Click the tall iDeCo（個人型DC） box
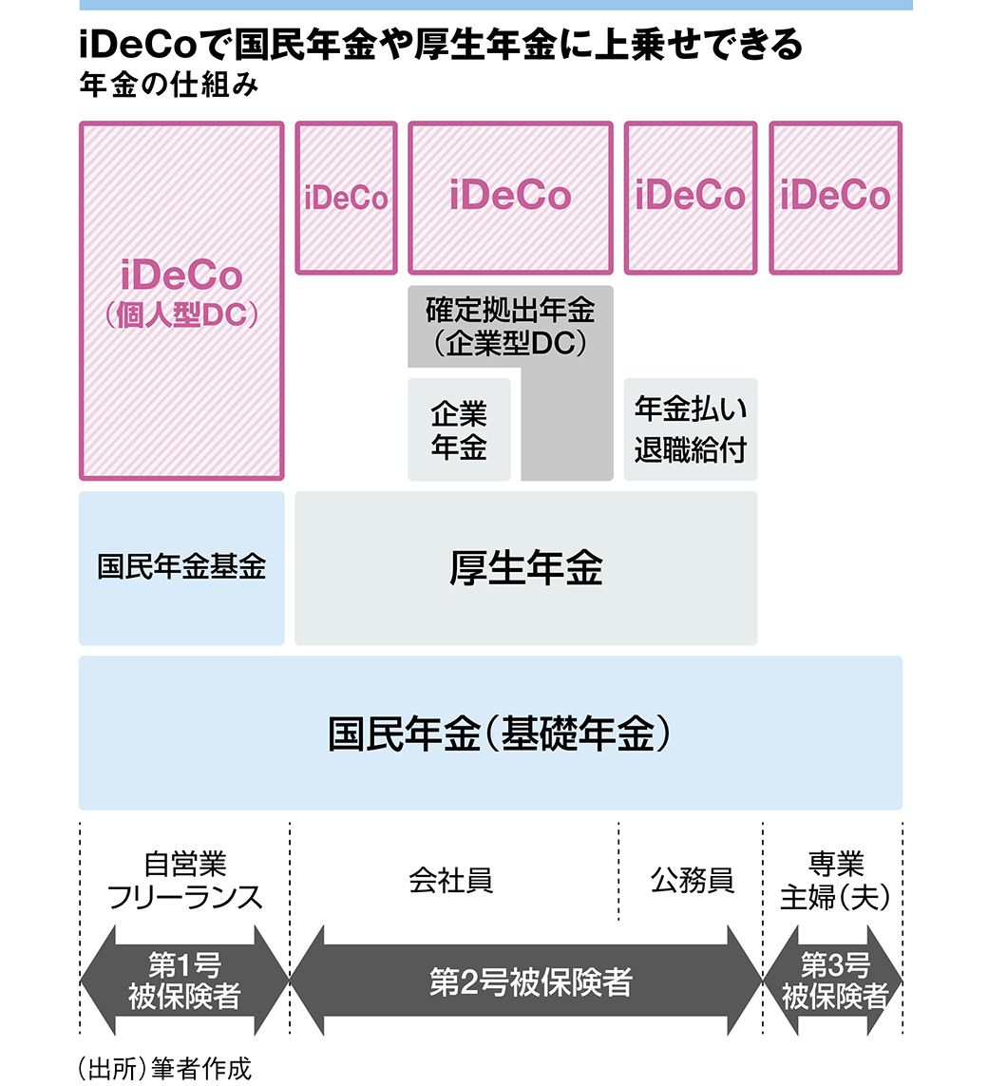click(x=181, y=300)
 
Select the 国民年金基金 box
click(x=181, y=568)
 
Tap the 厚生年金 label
click(x=525, y=568)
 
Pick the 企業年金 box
click(x=459, y=430)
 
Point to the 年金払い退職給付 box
click(x=691, y=429)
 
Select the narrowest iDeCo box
click(x=346, y=198)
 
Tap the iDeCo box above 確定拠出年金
click(x=510, y=197)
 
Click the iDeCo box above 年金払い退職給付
click(x=691, y=197)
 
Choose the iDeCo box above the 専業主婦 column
click(x=835, y=197)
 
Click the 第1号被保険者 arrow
click(x=184, y=981)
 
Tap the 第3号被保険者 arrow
click(x=834, y=981)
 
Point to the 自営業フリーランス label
click(x=184, y=881)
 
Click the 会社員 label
click(x=451, y=881)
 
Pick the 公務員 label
click(x=693, y=881)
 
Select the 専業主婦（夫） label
click(x=835, y=881)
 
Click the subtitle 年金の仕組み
click(x=170, y=85)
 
